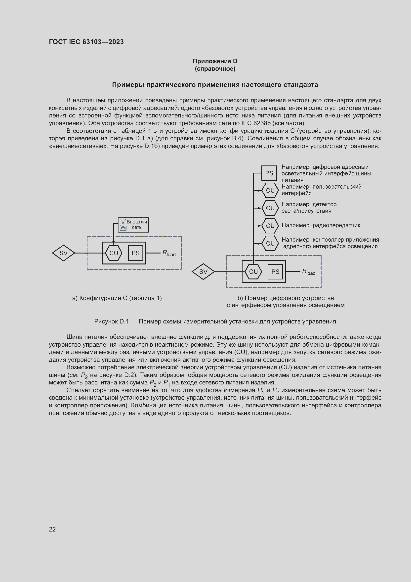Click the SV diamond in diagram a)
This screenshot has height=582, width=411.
coord(63,253)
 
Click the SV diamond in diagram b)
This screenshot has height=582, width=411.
coord(203,272)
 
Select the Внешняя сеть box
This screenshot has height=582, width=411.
coord(133,225)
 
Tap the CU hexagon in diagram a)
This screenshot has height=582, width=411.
coord(114,253)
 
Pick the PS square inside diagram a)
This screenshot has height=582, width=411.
coord(135,253)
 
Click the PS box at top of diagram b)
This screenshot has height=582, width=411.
coord(269,173)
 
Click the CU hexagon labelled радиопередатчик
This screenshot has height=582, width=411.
coord(270,226)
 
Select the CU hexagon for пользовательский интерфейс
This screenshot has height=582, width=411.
coord(270,190)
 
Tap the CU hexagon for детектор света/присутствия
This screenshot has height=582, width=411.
coord(270,208)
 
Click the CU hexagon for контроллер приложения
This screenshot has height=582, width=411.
coord(270,243)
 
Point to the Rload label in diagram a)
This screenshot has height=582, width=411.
coord(169,253)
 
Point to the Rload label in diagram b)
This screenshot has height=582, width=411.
coord(309,272)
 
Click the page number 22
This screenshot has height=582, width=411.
coord(52,529)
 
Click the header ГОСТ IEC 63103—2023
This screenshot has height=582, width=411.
coord(86,42)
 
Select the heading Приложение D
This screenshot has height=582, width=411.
coord(215,61)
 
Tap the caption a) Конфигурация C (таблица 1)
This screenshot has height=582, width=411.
coord(117,298)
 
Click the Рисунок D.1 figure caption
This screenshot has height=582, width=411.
coord(215,321)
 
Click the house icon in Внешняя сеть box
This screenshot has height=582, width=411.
coord(123,228)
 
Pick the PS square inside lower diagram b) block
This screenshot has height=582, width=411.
coord(275,272)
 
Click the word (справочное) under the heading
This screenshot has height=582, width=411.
coord(215,69)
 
